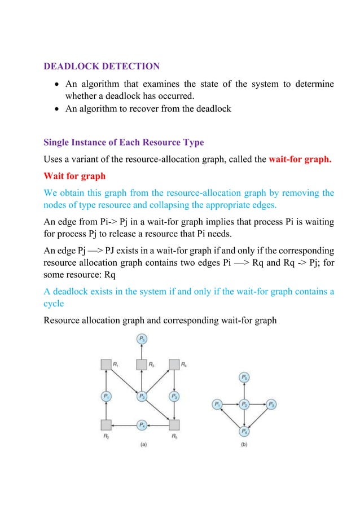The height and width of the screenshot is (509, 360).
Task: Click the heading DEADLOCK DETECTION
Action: click(102, 67)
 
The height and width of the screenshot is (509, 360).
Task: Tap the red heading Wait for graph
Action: click(74, 176)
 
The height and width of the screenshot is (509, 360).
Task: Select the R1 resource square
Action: click(105, 365)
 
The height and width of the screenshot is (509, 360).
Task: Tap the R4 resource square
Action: click(174, 365)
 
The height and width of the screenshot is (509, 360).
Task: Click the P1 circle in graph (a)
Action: click(105, 397)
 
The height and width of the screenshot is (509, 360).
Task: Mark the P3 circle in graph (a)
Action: click(174, 397)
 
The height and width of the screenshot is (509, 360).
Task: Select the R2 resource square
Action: click(105, 424)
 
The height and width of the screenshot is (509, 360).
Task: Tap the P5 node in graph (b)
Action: click(244, 377)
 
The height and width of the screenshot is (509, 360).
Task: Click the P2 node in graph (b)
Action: click(244, 404)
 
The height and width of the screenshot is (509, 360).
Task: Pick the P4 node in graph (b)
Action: click(244, 432)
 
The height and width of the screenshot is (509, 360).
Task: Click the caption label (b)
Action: click(244, 444)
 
